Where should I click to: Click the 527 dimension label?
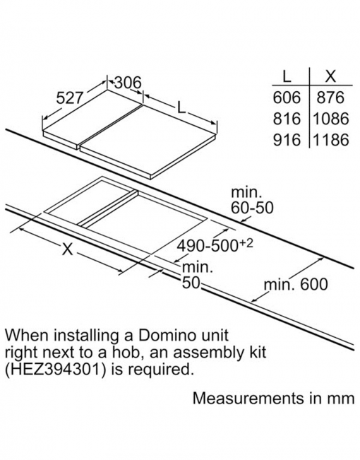point(69,98)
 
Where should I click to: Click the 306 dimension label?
point(128,83)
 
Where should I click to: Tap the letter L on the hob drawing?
point(181,108)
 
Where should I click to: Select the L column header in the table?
point(287,76)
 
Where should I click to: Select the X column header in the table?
point(330,76)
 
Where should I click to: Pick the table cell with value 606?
point(287,98)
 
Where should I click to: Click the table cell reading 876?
point(330,98)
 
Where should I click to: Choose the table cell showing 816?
point(287,119)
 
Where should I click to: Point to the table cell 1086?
point(331,119)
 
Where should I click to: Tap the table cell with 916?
point(287,140)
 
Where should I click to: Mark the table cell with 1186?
point(331,140)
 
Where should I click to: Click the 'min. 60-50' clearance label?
point(253,200)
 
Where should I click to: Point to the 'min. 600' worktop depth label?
point(296,284)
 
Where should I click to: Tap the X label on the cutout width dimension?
point(68,249)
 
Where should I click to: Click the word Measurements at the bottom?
point(248,398)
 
